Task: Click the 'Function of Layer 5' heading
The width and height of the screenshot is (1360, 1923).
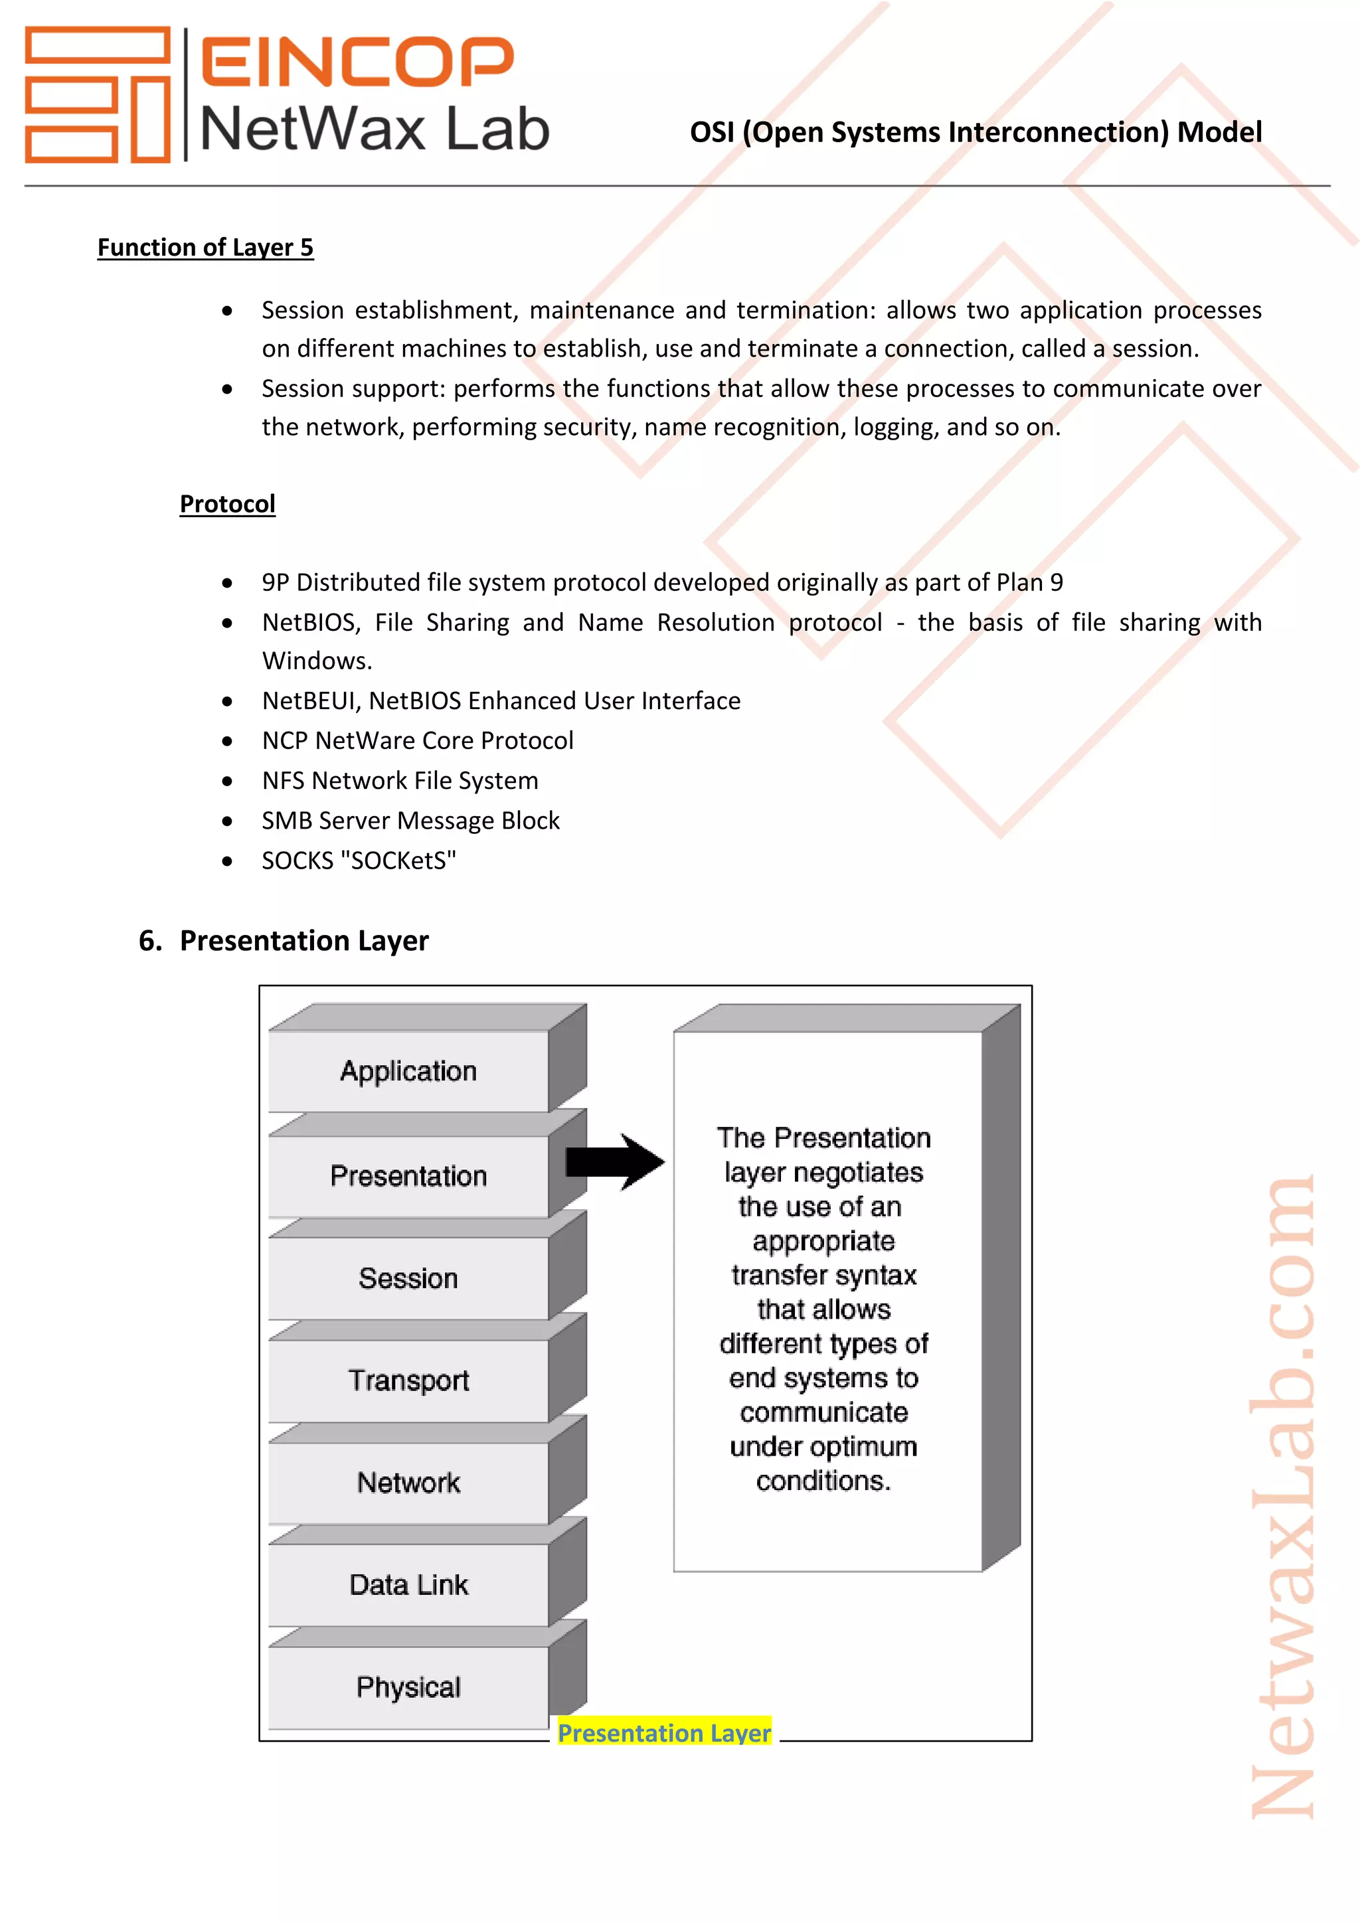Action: click(x=205, y=247)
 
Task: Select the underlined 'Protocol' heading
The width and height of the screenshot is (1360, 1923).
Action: click(x=227, y=503)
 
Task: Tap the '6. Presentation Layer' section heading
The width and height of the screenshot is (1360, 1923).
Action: click(x=284, y=940)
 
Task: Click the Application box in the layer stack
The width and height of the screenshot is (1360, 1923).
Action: click(x=408, y=1071)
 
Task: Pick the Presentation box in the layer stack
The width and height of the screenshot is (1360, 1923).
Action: click(x=408, y=1176)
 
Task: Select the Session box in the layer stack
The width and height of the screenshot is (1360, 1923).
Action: click(x=408, y=1278)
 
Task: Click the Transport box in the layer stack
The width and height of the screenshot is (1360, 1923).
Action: click(x=408, y=1380)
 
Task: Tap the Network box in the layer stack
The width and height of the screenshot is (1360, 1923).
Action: click(x=408, y=1483)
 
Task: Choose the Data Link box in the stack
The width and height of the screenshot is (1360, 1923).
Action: click(x=408, y=1584)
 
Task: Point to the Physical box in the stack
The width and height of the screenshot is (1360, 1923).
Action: click(x=408, y=1687)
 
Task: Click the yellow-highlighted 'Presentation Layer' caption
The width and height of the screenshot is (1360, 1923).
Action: click(x=664, y=1733)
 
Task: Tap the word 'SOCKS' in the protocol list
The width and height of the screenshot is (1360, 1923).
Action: click(x=297, y=860)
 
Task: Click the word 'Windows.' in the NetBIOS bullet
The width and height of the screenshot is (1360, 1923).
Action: click(x=317, y=661)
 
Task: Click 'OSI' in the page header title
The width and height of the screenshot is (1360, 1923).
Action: click(x=712, y=132)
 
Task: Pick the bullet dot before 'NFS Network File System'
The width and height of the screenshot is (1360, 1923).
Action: click(x=227, y=781)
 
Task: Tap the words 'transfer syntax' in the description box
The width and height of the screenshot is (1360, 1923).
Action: click(x=823, y=1275)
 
